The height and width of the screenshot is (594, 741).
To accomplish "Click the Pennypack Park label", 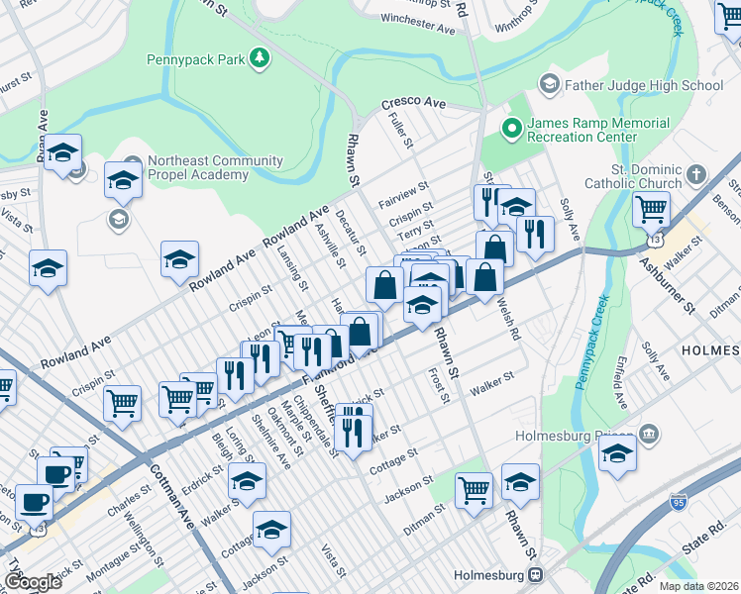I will tap(195, 59).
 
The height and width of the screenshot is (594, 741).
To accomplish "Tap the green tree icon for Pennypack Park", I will tap(259, 59).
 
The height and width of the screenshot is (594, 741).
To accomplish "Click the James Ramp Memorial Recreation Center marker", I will tap(512, 128).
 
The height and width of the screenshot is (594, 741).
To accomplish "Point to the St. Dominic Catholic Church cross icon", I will tap(697, 175).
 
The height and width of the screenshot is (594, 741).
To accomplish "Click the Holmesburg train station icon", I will tap(536, 574).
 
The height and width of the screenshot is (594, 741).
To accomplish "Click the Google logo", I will tap(33, 582).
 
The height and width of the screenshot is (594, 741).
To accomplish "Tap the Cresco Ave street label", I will tap(414, 103).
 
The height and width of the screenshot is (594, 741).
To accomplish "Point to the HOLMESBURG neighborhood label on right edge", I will tap(709, 350).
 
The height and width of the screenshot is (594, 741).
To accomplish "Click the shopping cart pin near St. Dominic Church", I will tap(651, 208).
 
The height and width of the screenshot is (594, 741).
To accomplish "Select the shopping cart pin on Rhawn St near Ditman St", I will tap(475, 488).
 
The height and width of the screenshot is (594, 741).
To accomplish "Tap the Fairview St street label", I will tap(403, 195).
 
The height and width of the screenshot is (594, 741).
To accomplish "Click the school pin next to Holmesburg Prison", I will tap(617, 453).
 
